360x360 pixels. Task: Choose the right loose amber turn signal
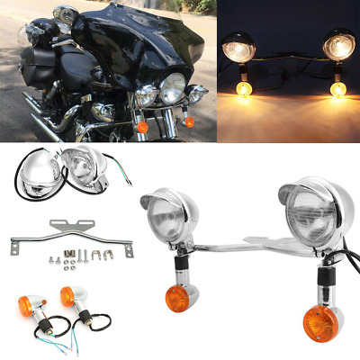[67, 294]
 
